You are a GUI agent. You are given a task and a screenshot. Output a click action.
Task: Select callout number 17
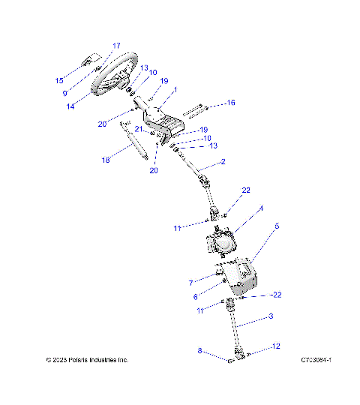click(x=116, y=46)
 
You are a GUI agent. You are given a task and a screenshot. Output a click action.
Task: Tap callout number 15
click(x=59, y=80)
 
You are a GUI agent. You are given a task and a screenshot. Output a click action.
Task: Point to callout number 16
click(x=231, y=102)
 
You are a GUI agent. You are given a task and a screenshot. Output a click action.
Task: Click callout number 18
click(x=106, y=160)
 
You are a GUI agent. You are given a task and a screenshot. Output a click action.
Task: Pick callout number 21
click(x=139, y=130)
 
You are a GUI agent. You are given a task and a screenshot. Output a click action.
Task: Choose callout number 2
click(x=222, y=162)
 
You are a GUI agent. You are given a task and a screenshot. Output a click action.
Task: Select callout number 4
click(x=261, y=208)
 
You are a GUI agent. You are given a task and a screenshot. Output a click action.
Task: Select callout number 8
click(x=199, y=349)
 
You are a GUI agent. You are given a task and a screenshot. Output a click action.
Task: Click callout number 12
click(x=277, y=346)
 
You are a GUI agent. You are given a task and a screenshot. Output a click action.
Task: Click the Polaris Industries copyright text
click(x=87, y=360)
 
